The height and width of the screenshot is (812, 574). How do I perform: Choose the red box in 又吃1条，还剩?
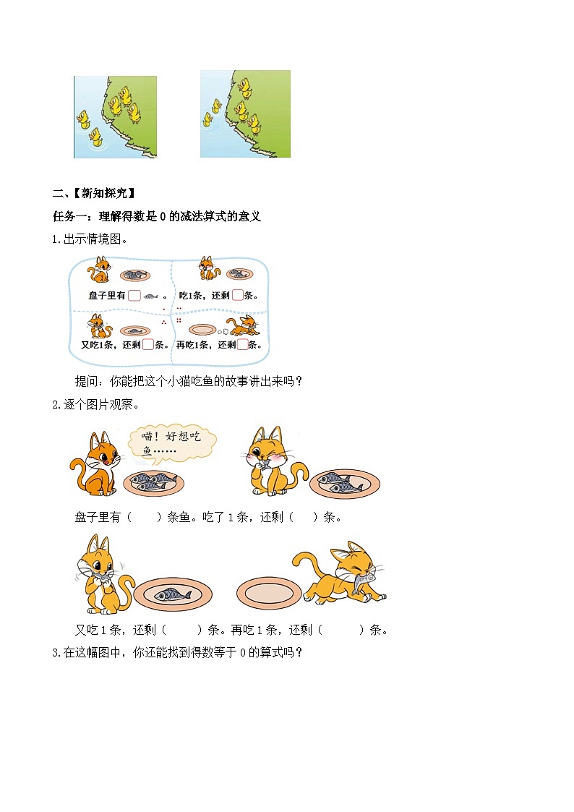point(148,344)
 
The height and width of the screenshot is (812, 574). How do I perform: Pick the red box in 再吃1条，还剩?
point(242,344)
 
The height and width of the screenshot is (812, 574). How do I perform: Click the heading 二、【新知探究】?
point(93,193)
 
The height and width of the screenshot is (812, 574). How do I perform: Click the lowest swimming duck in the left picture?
point(95,135)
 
